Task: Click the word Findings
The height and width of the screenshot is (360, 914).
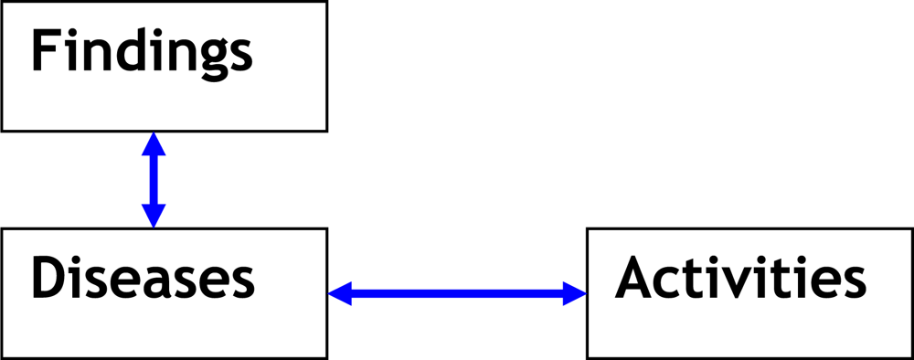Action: [x=142, y=53]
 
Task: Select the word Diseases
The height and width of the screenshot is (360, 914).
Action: [x=143, y=278]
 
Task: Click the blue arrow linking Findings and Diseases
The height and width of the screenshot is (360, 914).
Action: [x=154, y=179]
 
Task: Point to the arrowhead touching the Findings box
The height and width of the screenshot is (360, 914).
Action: [x=154, y=143]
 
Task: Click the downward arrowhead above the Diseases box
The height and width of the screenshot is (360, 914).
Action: [x=154, y=216]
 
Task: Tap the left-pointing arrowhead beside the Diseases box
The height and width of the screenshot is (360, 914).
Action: [x=340, y=293]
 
